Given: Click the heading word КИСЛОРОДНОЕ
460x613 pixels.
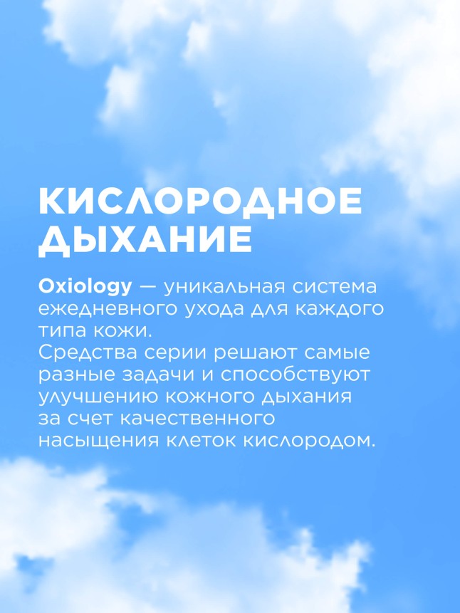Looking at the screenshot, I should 200,202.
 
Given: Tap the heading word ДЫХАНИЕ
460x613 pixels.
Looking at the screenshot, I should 145,241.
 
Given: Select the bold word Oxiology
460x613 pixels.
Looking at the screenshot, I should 85,288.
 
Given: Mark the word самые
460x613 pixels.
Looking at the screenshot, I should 341,354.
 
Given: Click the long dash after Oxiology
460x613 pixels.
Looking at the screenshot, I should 148,288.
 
